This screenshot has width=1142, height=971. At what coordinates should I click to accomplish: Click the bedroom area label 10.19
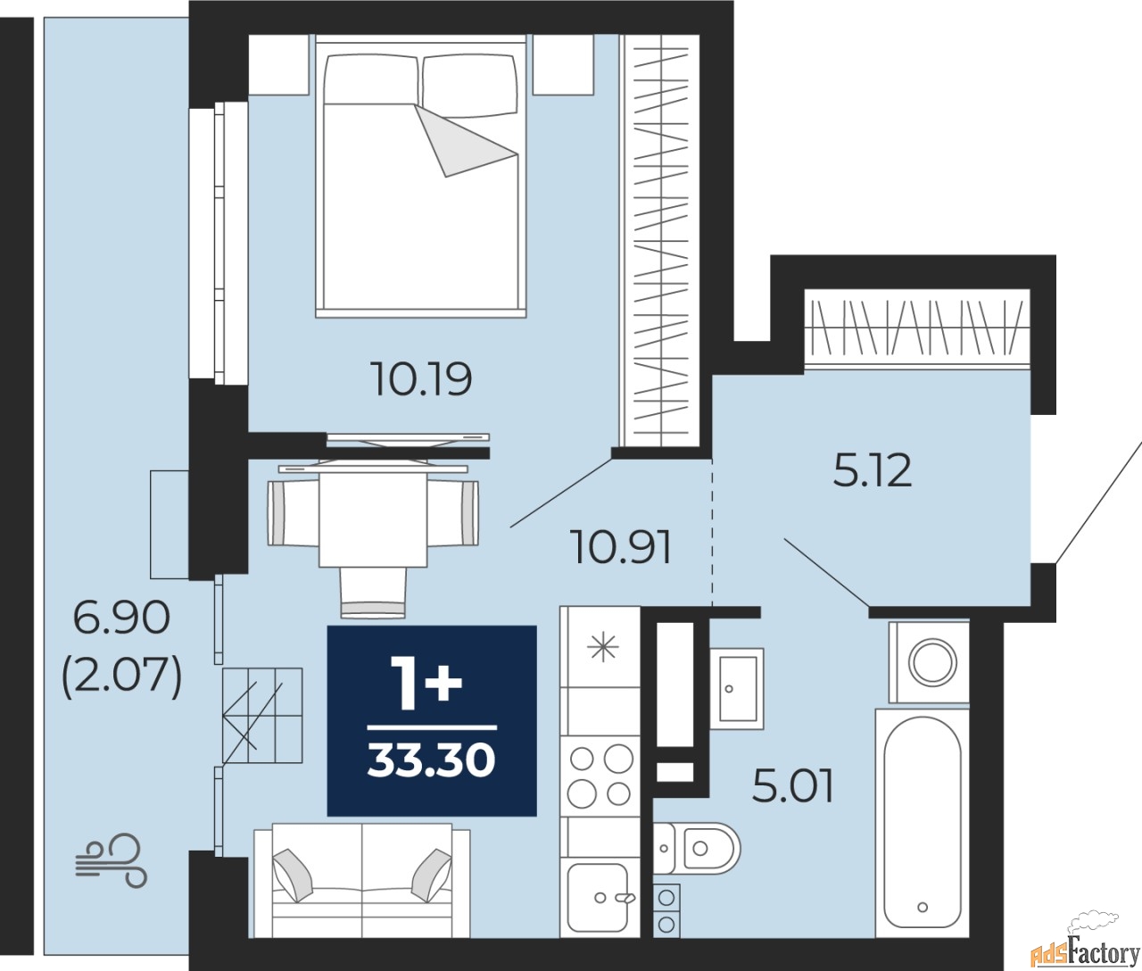[x=423, y=379]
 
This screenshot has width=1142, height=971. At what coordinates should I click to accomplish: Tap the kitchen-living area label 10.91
[x=623, y=547]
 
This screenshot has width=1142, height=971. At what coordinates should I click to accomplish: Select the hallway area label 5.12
[x=872, y=471]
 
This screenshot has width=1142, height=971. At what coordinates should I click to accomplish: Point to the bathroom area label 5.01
[x=792, y=786]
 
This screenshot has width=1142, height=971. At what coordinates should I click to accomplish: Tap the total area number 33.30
[x=432, y=761]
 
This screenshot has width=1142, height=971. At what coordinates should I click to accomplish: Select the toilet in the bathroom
[x=696, y=849]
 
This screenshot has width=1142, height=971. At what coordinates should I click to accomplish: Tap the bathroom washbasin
[x=737, y=689]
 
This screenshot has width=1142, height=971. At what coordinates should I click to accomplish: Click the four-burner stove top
[x=600, y=776]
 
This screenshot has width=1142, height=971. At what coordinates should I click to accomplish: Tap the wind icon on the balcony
[x=112, y=860]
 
